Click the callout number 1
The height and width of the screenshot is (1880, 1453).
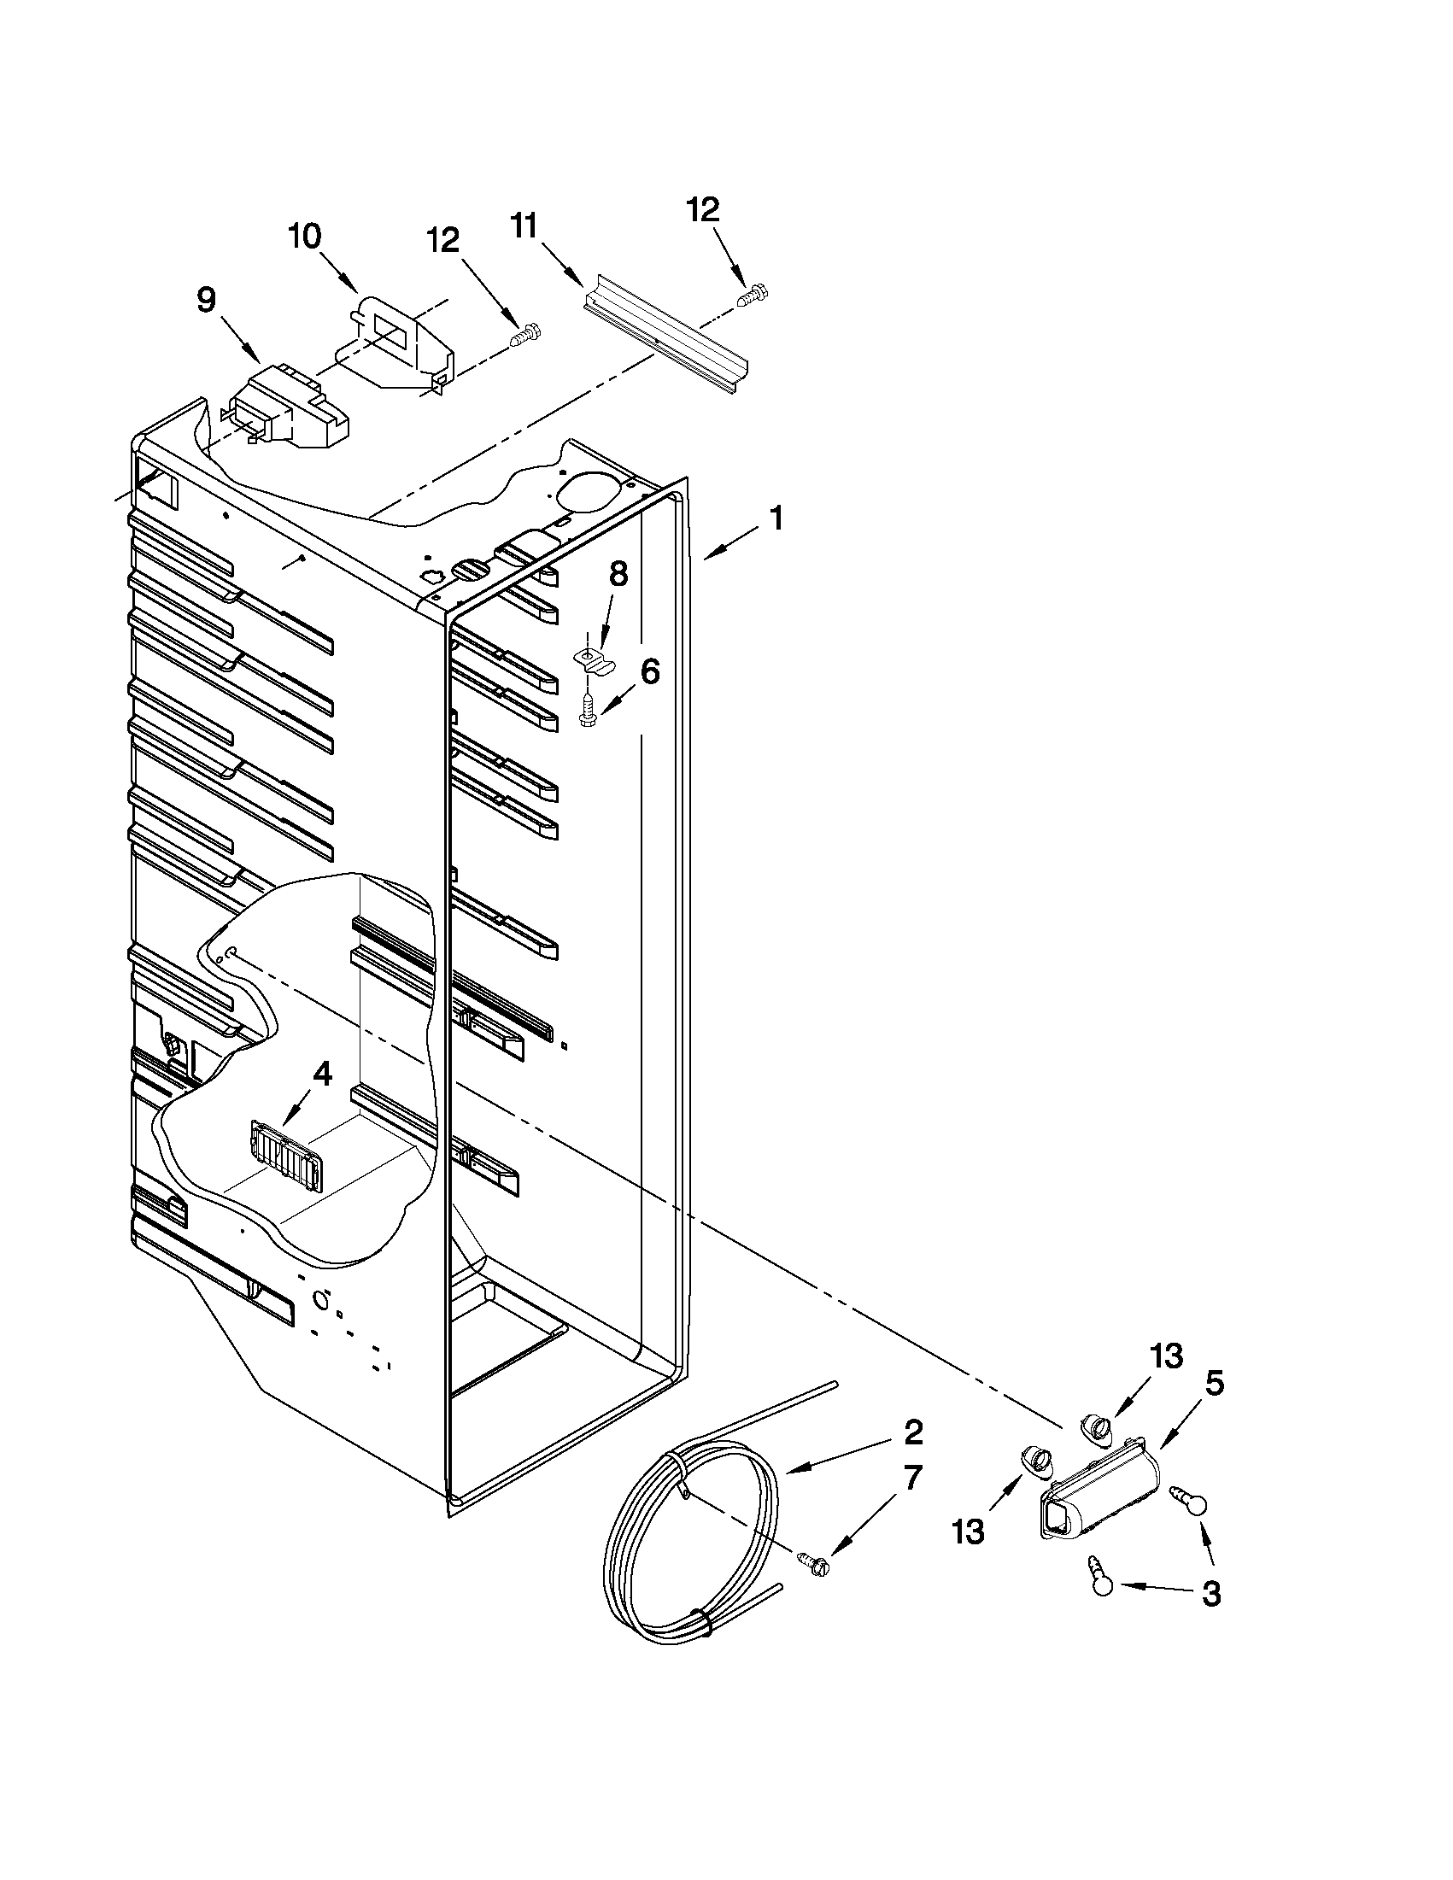[x=776, y=519]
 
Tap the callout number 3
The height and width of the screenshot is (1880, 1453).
[x=1211, y=1593]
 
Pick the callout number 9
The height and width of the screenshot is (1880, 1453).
[x=207, y=301]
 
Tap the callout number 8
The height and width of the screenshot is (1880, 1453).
[x=619, y=574]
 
